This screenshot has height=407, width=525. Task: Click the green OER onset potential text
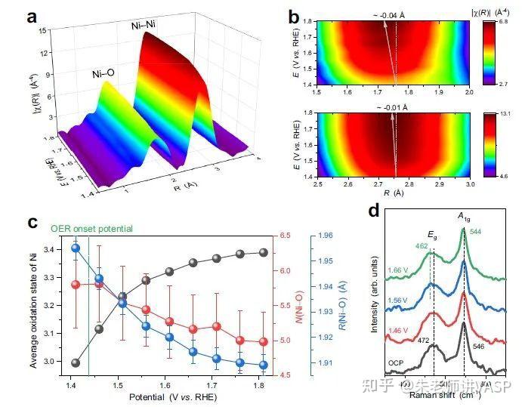[91, 228]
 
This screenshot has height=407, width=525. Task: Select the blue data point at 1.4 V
[76, 248]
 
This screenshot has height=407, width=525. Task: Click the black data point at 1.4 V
[76, 362]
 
